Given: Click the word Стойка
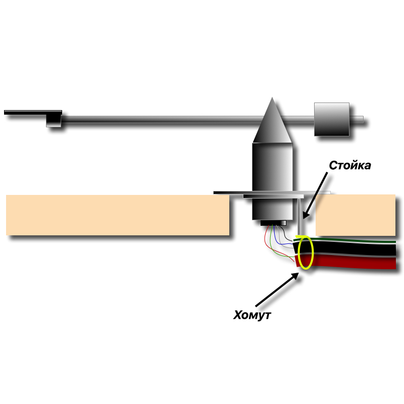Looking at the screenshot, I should [x=350, y=166].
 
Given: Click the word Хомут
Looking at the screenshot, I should [x=252, y=316].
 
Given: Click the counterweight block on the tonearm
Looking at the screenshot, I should [x=331, y=119].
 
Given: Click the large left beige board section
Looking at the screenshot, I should [x=118, y=215].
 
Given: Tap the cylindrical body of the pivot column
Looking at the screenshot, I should [x=273, y=177].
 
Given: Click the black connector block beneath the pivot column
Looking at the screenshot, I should [x=273, y=223].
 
